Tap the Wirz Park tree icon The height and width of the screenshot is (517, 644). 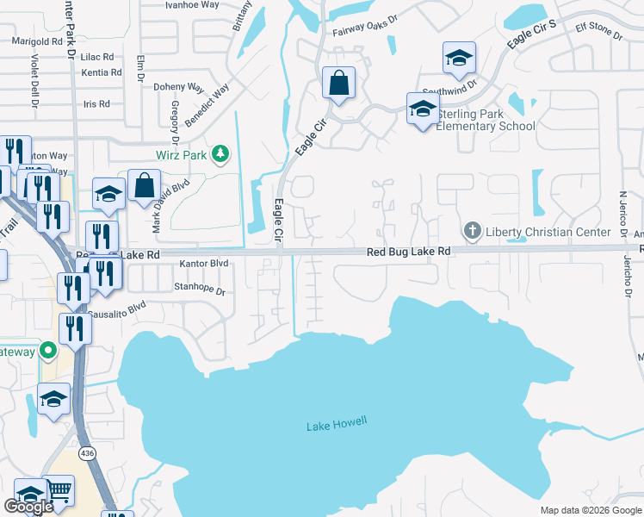pos(222,154)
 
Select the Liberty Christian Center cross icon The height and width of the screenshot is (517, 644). pos(472,231)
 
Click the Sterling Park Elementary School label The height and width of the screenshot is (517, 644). pos(486,120)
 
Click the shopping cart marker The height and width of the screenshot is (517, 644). pos(59,490)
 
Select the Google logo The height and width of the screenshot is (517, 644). pos(28,507)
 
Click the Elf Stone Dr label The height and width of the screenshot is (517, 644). pos(589,33)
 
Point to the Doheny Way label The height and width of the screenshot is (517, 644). pos(178,87)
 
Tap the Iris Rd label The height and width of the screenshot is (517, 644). pos(96,103)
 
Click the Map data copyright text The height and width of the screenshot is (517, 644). pos(591,510)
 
